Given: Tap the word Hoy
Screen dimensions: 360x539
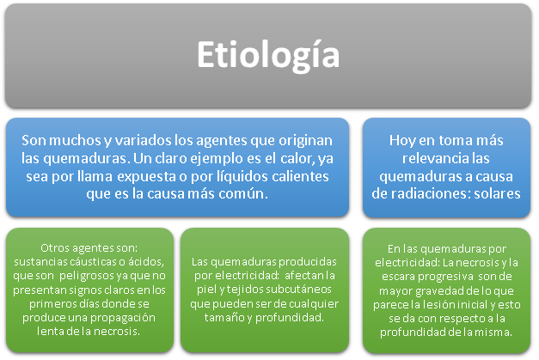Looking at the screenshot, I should pos(402,139).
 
